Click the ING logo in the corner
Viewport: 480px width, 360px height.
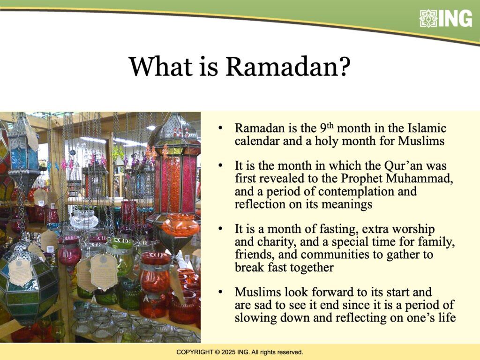(446, 18)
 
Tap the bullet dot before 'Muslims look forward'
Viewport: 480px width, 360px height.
(220, 292)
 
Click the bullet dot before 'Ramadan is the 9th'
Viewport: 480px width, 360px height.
(220, 128)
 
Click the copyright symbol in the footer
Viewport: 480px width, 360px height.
(217, 352)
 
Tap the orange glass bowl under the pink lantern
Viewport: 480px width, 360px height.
(180, 225)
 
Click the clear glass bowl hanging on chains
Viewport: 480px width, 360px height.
(84, 218)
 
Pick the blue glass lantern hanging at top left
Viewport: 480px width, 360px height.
(23, 150)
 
